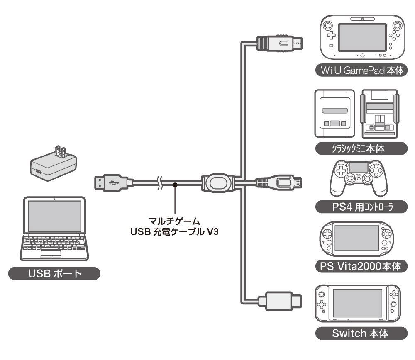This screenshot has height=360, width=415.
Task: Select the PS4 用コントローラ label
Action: click(359, 206)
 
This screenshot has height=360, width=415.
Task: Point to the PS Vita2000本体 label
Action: click(359, 266)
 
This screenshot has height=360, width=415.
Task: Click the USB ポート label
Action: click(54, 274)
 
